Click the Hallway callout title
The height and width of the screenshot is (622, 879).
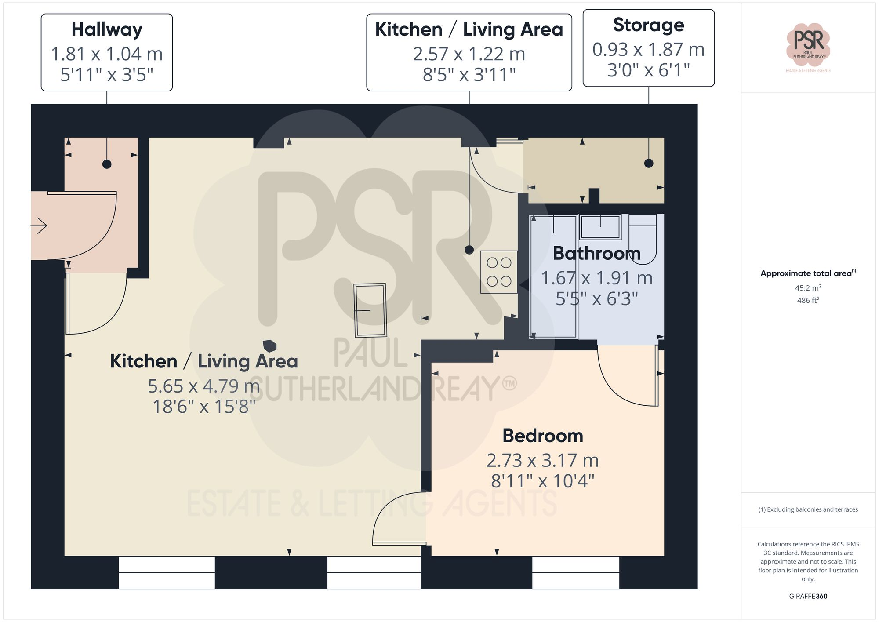[x=107, y=30]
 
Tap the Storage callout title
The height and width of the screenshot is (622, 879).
[x=648, y=25]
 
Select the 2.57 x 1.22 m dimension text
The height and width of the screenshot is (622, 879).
[x=469, y=54]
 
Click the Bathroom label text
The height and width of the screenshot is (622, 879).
[x=596, y=253]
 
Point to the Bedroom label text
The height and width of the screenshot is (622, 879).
[x=543, y=436]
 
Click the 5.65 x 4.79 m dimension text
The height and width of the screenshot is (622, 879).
[x=203, y=386]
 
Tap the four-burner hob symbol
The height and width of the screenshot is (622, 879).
[x=499, y=272]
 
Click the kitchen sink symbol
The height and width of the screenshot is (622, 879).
[x=370, y=310]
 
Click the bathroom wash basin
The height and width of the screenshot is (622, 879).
[x=600, y=227]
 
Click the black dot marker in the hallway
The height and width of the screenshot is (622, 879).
[x=107, y=164]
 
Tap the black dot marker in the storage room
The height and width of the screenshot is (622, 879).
[x=649, y=163]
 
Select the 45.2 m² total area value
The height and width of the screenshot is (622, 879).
[x=808, y=288]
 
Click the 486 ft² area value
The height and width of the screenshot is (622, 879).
[x=808, y=300]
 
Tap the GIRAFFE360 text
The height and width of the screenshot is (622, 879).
[x=808, y=596]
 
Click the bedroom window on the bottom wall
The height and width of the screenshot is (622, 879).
[x=575, y=572]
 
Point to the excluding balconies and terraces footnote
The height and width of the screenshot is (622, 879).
[x=808, y=509]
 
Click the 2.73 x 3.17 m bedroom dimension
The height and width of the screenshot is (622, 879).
[x=542, y=461]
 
